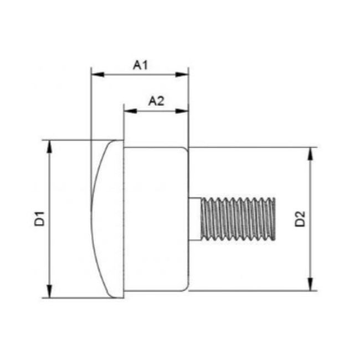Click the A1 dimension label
[140, 65]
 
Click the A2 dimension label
[156, 101]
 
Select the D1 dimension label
[39, 219]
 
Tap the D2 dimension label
[300, 219]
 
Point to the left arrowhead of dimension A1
[98, 74]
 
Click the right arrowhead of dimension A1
[182, 74]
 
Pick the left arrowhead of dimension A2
[130, 111]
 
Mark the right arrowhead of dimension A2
[182, 111]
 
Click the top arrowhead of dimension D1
[49, 146]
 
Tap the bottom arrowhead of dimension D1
[49, 291]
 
